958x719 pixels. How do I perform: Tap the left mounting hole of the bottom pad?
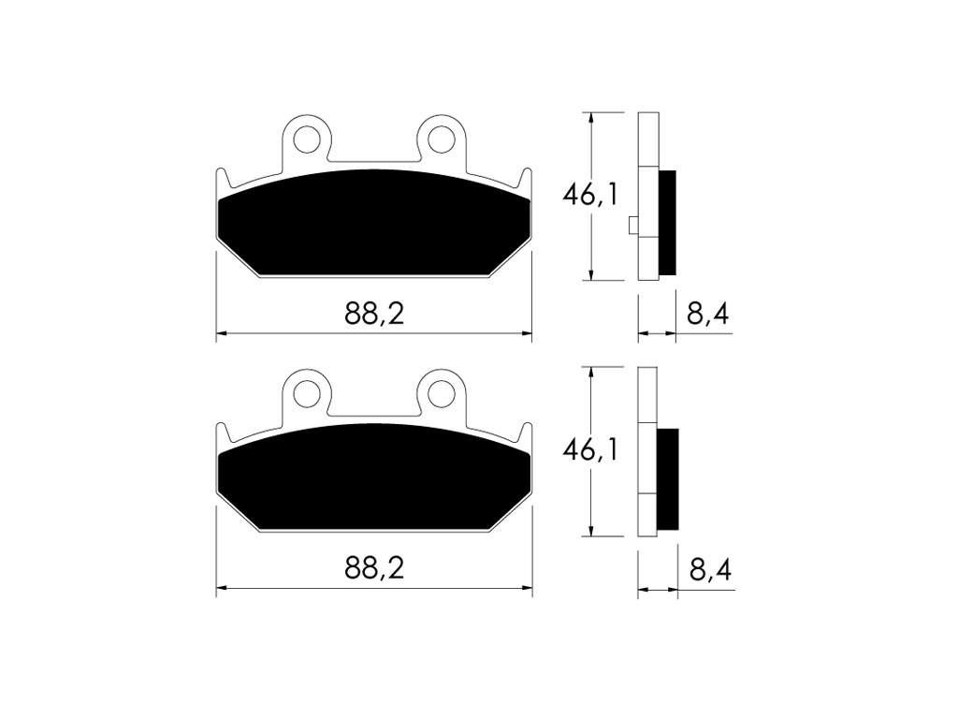(x=307, y=394)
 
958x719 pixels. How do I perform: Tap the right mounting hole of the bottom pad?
(x=442, y=394)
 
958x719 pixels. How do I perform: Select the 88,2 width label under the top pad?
(x=374, y=315)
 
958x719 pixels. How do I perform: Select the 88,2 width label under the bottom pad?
(x=374, y=568)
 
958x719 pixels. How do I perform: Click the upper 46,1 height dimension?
(x=590, y=195)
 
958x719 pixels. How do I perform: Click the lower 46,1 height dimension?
(x=590, y=450)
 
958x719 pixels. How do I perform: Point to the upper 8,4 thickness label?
(x=707, y=315)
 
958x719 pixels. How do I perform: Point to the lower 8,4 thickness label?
(x=711, y=570)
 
